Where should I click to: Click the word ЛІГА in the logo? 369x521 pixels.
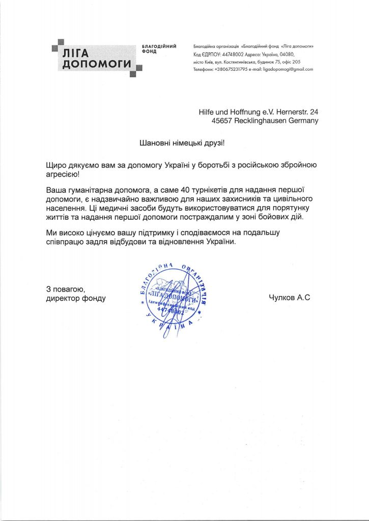tap(75, 52)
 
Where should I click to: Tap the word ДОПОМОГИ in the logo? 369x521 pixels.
tap(96, 64)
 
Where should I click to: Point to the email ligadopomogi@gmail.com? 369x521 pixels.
tap(288, 69)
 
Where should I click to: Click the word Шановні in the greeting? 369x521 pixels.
tap(154, 143)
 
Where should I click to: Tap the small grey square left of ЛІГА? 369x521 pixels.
tap(54, 49)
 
